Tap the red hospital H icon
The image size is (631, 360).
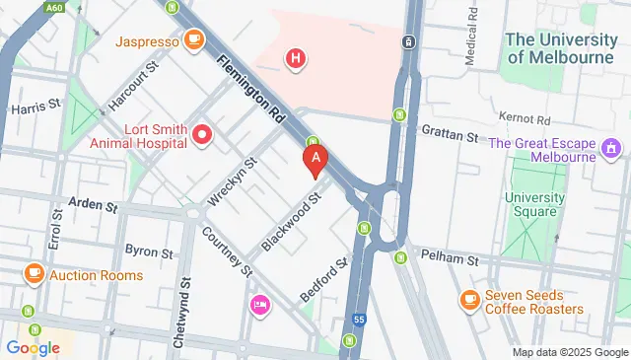[295, 59]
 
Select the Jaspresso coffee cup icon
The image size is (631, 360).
[194, 40]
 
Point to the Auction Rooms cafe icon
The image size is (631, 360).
[35, 274]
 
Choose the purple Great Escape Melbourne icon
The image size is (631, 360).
[611, 150]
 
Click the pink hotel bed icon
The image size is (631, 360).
[259, 302]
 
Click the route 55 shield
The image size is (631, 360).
[359, 321]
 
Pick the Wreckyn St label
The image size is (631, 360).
[231, 179]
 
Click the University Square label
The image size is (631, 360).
[534, 204]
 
